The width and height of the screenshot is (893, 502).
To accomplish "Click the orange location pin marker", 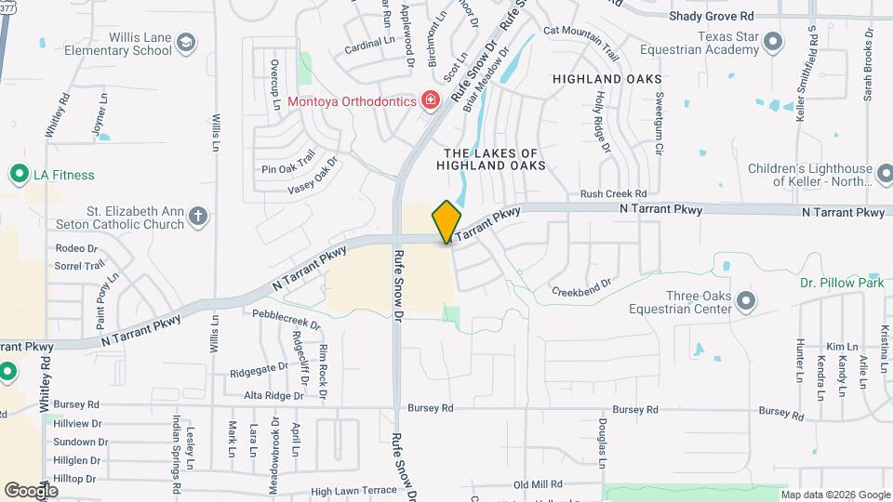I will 446,221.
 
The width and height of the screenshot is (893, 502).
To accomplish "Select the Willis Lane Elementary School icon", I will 187,43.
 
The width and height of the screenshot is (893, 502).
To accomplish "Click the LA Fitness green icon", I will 18,174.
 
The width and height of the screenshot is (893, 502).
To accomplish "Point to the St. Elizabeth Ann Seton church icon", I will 196,218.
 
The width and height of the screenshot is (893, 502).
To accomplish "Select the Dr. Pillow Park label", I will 842,283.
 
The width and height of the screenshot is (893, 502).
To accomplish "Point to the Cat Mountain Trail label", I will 580,31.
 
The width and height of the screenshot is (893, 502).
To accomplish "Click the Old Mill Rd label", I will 539,484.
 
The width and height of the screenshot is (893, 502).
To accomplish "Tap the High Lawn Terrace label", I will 353,490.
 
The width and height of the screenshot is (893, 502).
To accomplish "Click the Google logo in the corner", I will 31,490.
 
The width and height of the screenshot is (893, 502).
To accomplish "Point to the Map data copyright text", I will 834,495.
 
